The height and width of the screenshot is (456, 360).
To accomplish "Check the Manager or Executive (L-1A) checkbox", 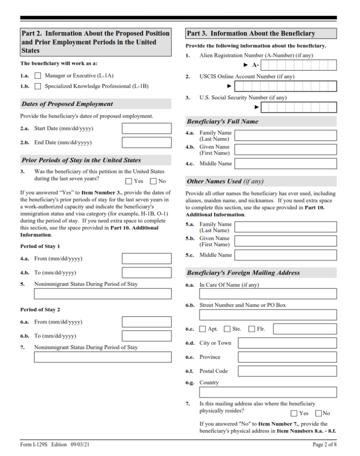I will pyautogui.click(x=38, y=76).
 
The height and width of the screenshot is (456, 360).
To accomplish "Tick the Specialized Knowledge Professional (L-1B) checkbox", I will pyautogui.click(x=38, y=86).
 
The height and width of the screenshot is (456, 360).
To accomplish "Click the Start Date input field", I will pyautogui.click(x=146, y=129).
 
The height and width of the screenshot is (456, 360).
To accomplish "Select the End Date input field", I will pyautogui.click(x=146, y=143).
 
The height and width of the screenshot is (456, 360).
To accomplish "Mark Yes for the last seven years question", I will pyautogui.click(x=129, y=181).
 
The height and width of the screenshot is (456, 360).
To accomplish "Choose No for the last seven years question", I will pyautogui.click(x=154, y=181).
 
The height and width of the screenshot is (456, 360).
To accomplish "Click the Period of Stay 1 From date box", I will pyautogui.click(x=146, y=259).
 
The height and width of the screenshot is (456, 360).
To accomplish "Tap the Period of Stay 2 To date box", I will pyautogui.click(x=146, y=336).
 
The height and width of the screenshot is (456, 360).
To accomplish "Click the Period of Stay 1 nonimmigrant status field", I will pyautogui.click(x=102, y=294).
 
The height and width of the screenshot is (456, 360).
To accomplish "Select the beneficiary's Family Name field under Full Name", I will pyautogui.click(x=285, y=135).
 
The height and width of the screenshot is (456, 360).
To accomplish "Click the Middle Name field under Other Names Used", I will pyautogui.click(x=285, y=255).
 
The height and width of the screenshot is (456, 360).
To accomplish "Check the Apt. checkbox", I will pyautogui.click(x=203, y=329).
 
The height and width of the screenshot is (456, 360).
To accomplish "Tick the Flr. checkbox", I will pyautogui.click(x=252, y=329).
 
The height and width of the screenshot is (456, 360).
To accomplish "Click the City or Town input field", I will pyautogui.click(x=287, y=343).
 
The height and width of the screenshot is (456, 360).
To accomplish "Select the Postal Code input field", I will pyautogui.click(x=287, y=371).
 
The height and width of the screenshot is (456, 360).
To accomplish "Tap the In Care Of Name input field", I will pyautogui.click(x=268, y=294).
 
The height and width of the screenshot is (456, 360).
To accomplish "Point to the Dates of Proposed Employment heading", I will pyautogui.click(x=67, y=104).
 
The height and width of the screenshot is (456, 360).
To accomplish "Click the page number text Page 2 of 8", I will pyautogui.click(x=324, y=444).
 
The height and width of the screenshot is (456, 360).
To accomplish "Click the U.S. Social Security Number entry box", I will pyautogui.click(x=299, y=107).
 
